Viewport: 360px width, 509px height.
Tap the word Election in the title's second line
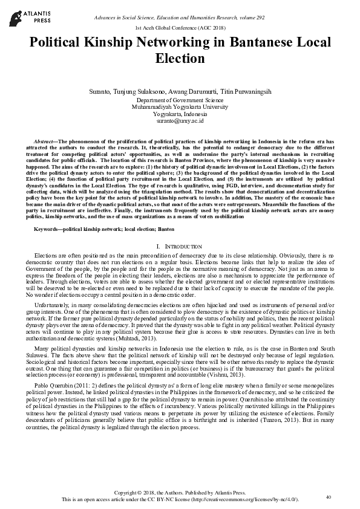180,59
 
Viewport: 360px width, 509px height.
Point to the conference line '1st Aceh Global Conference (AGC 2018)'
180,28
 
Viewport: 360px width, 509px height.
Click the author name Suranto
100,91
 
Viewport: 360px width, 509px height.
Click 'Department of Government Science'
180,99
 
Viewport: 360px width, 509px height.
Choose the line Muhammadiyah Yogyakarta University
180,106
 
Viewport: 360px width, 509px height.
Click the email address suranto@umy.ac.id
180,120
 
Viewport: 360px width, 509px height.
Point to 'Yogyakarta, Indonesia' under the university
180,113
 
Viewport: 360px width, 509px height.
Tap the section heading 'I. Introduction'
180,247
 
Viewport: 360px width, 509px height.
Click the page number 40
329,496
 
